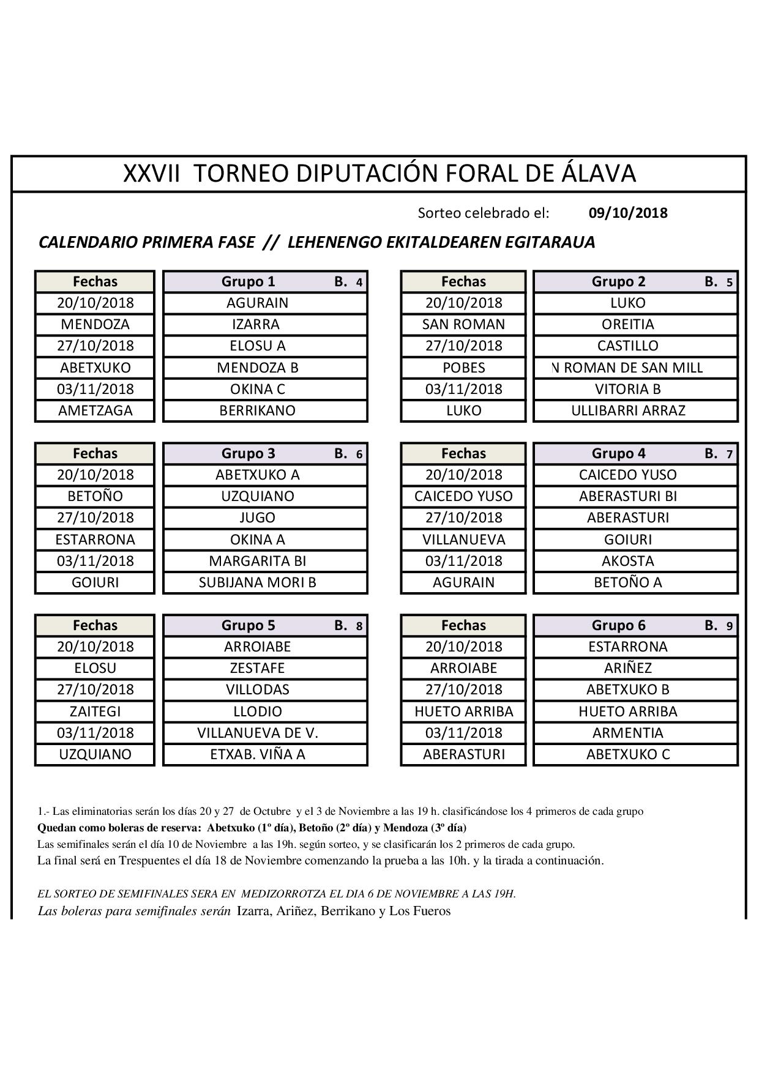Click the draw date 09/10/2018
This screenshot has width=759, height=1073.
(x=627, y=213)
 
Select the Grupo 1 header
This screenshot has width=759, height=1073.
(x=248, y=281)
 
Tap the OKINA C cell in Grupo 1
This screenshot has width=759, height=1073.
(x=257, y=389)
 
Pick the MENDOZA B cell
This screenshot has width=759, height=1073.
(x=257, y=368)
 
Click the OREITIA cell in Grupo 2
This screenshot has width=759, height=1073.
(x=627, y=324)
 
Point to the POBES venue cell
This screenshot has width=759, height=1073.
(x=463, y=368)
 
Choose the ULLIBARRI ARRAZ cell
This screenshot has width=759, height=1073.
(x=627, y=410)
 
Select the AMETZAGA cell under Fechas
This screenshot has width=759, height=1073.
(x=95, y=410)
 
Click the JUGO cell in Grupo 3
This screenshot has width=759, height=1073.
(x=257, y=518)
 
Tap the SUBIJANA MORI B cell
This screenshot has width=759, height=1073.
(x=257, y=582)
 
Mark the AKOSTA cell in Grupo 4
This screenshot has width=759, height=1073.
(x=627, y=561)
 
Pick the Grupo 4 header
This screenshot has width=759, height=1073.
(x=618, y=453)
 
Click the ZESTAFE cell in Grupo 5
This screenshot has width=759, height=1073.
(x=257, y=668)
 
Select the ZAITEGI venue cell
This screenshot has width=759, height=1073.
(x=95, y=711)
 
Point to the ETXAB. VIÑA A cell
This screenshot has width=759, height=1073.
(x=257, y=754)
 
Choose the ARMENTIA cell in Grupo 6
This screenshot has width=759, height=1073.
(x=627, y=733)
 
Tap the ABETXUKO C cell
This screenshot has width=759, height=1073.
(x=627, y=754)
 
